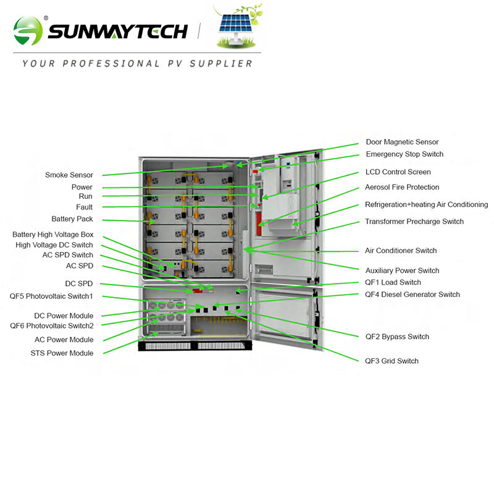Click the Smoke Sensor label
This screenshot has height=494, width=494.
click(69, 175)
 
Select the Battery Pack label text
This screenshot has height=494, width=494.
click(72, 219)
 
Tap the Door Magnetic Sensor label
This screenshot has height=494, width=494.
click(402, 142)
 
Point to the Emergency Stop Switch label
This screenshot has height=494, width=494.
click(404, 154)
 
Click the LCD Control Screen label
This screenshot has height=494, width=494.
click(398, 172)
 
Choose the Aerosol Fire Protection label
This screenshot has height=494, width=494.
click(402, 187)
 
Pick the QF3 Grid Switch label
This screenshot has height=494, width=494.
click(391, 361)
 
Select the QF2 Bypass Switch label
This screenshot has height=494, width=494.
click(397, 337)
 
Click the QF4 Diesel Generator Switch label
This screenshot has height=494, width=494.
click(412, 295)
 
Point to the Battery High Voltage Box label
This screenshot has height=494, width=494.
click(53, 235)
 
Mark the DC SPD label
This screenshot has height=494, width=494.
click(79, 284)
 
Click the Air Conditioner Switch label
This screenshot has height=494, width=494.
click(401, 251)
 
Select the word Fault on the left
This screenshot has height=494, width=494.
click(84, 207)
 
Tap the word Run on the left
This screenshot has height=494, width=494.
click(85, 196)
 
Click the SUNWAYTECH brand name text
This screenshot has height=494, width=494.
click(117, 31)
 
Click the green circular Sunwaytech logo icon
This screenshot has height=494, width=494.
click(28, 30)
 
